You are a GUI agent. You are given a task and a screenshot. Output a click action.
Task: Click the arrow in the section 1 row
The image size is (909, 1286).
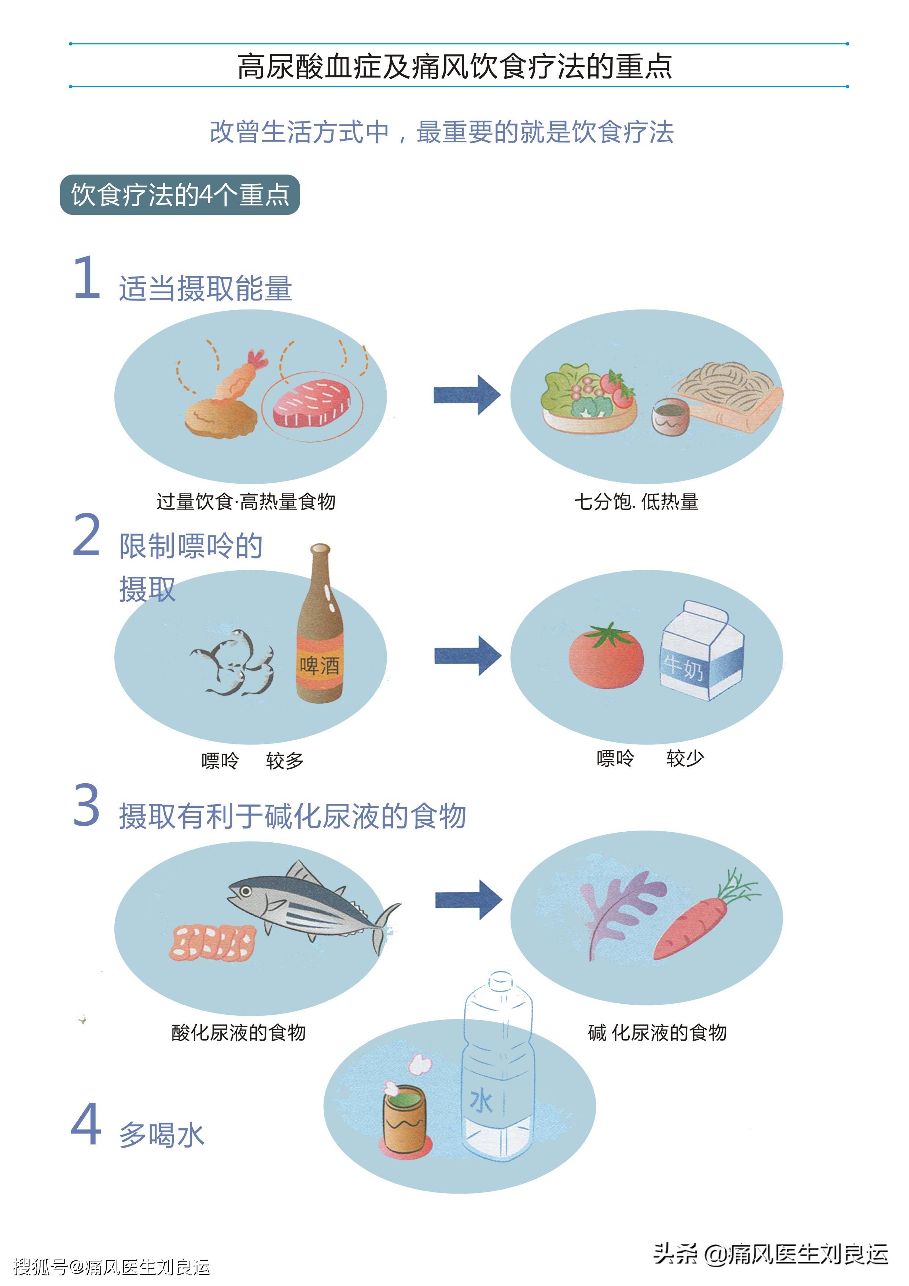pos(467,395)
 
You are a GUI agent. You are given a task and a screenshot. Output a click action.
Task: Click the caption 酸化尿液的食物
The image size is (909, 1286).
pos(239,1032)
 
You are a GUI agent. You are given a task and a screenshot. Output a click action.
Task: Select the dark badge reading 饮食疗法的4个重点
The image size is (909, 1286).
pos(180,195)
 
